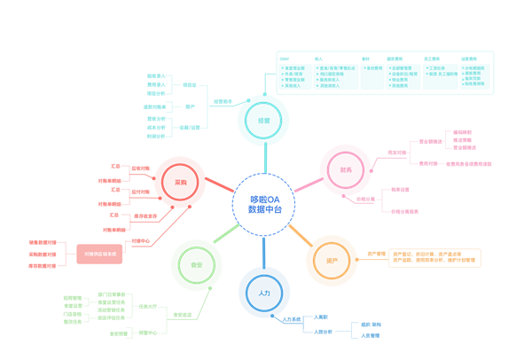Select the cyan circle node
tap(263, 120)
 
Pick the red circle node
tap(180, 182)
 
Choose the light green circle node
tap(196, 264)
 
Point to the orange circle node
tap(331, 260)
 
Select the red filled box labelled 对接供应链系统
tap(99, 253)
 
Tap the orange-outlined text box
tap(434, 258)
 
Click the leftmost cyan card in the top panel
tap(294, 77)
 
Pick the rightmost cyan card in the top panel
tap(474, 77)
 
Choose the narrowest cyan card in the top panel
tap(372, 77)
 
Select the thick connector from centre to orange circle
tap(301, 236)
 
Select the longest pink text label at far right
tap(468, 163)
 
